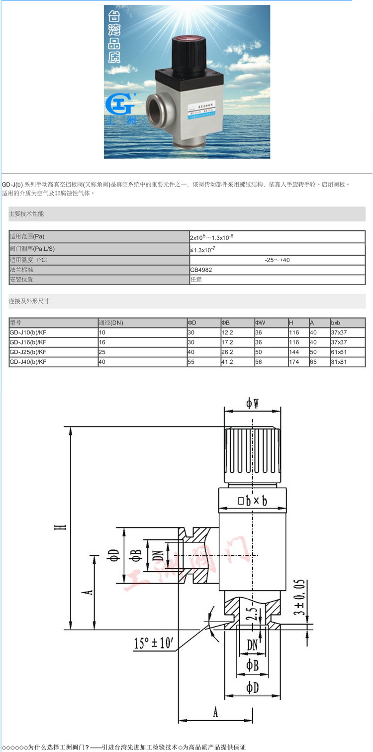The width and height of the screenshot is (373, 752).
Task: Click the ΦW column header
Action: point(261,322)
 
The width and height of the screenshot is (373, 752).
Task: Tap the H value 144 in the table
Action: point(294,352)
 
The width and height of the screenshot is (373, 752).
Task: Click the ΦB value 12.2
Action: point(227,332)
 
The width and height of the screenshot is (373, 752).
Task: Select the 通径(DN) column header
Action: point(111,322)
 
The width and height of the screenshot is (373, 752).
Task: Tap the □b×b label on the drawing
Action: point(253,501)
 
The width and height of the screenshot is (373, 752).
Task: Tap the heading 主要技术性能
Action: point(26,214)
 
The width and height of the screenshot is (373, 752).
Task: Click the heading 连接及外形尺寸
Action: point(29,301)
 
